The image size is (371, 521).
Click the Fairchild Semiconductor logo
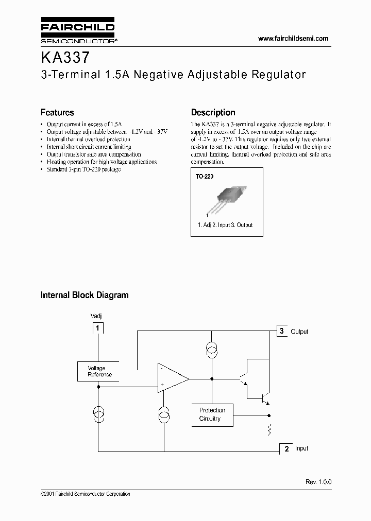[78, 31]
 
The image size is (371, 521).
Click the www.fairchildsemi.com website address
[293, 39]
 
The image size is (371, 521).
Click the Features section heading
[57, 112]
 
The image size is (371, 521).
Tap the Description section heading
[213, 112]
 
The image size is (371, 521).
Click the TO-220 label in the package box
[204, 176]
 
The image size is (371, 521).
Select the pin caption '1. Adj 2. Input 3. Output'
[225, 225]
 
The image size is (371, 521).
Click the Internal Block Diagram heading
[85, 295]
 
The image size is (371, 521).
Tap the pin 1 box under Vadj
[98, 327]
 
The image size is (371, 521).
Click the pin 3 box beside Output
[282, 331]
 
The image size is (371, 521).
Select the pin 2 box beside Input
[285, 448]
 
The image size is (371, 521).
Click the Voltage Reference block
[98, 371]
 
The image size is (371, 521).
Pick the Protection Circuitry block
[212, 414]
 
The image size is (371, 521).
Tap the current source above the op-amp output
[211, 350]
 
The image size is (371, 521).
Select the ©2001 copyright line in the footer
[85, 494]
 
